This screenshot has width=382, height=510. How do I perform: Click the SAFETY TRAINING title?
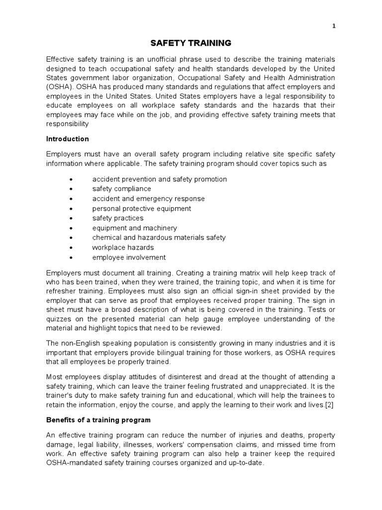[x=191, y=43]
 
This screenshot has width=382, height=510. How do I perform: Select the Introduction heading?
[x=68, y=139]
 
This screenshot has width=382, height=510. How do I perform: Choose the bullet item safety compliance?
[x=121, y=189]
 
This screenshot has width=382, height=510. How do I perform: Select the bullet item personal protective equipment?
[x=141, y=209]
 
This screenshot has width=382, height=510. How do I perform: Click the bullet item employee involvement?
[x=129, y=257]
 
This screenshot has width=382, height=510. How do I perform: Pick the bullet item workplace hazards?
[x=123, y=248]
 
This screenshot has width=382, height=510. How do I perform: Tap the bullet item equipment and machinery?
[x=134, y=228]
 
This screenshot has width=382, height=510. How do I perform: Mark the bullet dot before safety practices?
[x=73, y=219]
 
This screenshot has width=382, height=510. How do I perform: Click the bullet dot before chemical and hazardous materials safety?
[x=73, y=238]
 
